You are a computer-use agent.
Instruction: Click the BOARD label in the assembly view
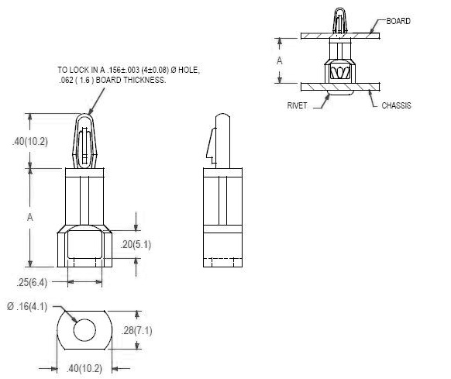[398, 21]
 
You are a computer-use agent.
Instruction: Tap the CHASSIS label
[396, 105]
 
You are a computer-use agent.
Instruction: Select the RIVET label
[297, 105]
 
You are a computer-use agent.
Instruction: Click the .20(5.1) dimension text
[136, 245]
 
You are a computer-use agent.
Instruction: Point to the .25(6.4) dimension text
[32, 282]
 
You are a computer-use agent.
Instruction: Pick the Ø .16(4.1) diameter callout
[27, 306]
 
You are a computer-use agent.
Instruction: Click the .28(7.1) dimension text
[137, 330]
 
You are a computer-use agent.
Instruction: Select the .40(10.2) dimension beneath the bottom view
[84, 368]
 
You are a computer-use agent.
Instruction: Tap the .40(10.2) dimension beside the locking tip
[30, 142]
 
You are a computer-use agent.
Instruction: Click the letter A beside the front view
[30, 217]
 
